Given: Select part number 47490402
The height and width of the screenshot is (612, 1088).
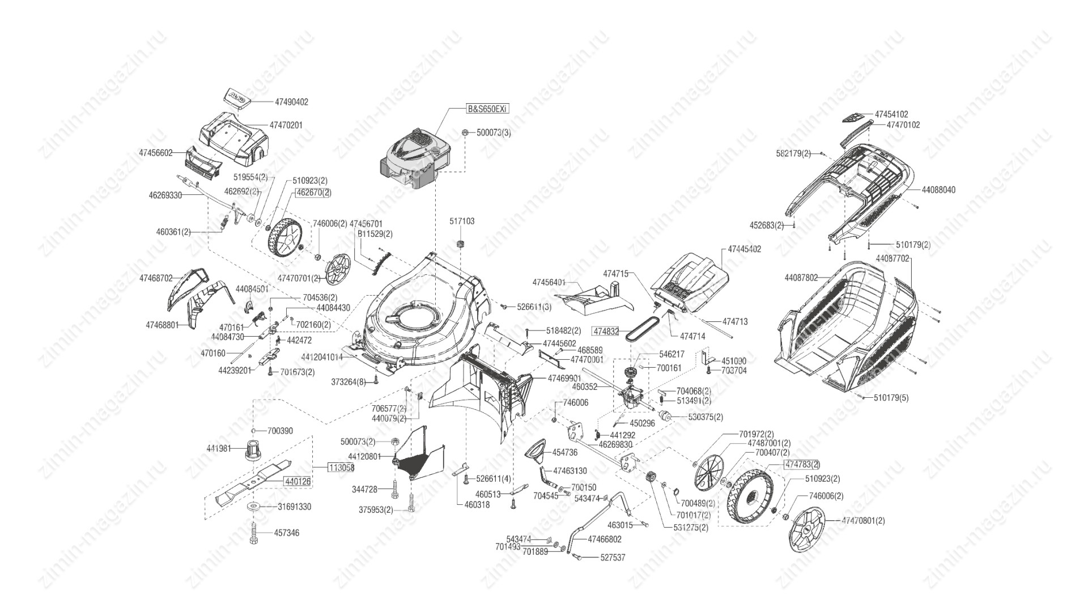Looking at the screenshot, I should pyautogui.click(x=291, y=102).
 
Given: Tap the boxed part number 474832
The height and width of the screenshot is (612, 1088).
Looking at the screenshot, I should pyautogui.click(x=606, y=330).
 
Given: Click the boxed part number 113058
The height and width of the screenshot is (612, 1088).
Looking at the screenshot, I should pyautogui.click(x=341, y=467).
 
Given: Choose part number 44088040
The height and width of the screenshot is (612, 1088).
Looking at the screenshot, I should pyautogui.click(x=938, y=190).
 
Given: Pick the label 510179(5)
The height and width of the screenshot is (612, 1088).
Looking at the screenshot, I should pyautogui.click(x=891, y=398).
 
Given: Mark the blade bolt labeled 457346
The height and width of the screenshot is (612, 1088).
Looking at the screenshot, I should pyautogui.click(x=254, y=535).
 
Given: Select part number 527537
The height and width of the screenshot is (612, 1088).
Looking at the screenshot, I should pyautogui.click(x=613, y=558).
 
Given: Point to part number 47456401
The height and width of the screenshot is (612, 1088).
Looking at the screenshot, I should pyautogui.click(x=549, y=282).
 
